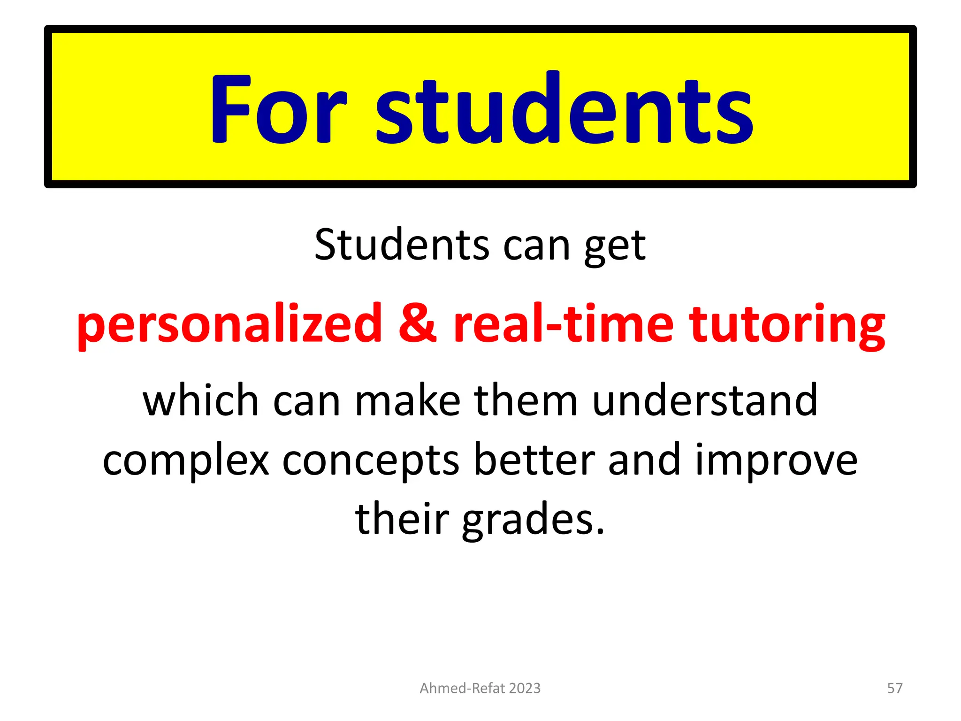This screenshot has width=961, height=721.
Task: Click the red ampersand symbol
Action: coord(417,323)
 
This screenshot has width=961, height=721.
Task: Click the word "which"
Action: coord(201,401)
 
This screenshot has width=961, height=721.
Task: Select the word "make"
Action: coord(407,401)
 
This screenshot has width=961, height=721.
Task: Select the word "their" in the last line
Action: coord(402,519)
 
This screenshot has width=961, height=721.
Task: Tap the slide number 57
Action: coord(894,688)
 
